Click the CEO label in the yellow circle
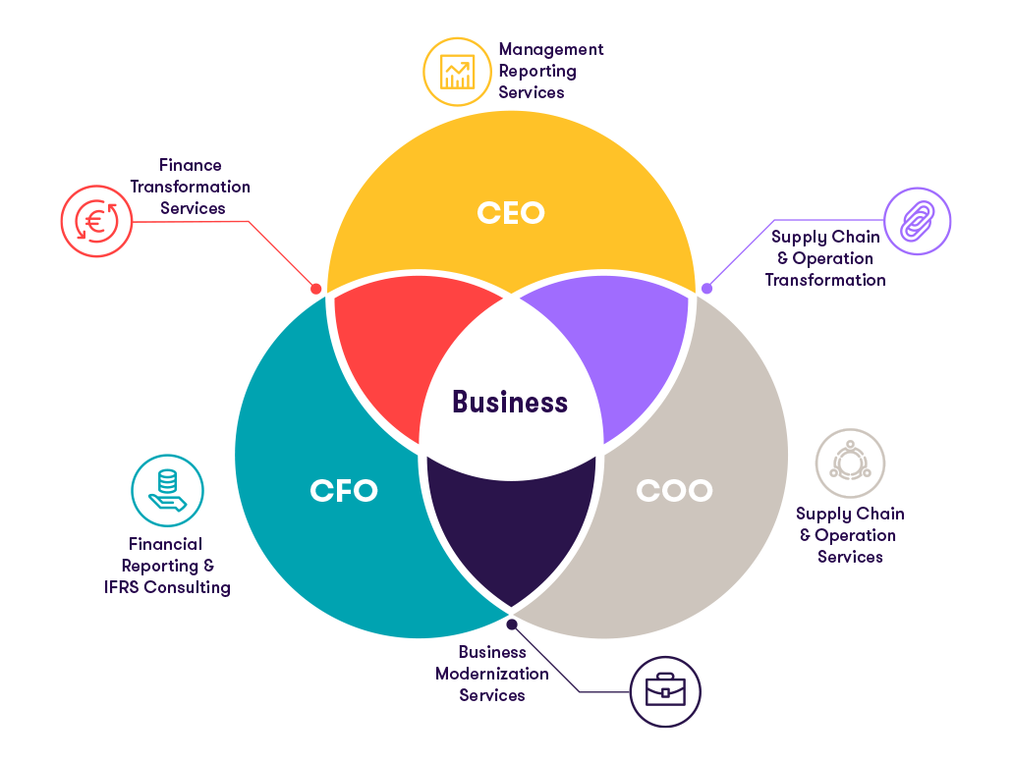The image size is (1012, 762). (x=510, y=212)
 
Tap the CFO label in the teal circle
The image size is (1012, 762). (x=343, y=490)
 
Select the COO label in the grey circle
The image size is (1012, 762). (x=673, y=490)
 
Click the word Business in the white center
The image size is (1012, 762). (x=510, y=402)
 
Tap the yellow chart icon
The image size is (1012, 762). (x=457, y=72)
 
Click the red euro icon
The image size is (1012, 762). (x=95, y=222)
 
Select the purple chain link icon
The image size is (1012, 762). (x=918, y=222)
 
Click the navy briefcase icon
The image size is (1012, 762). (x=665, y=691)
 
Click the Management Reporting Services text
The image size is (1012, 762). (x=550, y=71)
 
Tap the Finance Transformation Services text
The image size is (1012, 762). (x=191, y=187)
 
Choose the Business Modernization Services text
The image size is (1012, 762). (x=492, y=674)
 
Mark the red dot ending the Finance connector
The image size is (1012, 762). (x=316, y=289)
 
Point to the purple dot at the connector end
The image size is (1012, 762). (x=706, y=289)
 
